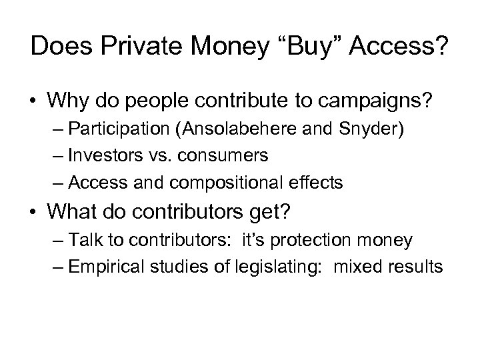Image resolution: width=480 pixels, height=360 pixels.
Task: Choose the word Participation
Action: pyautogui.click(x=128, y=131)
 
